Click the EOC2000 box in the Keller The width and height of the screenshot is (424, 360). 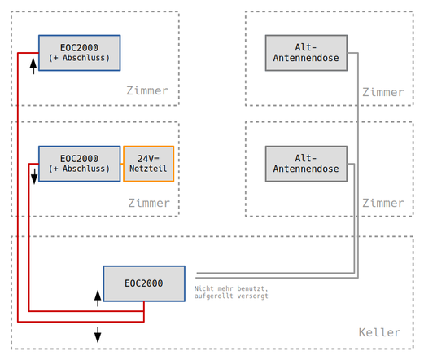(144, 283)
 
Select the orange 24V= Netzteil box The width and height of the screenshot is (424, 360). (148, 164)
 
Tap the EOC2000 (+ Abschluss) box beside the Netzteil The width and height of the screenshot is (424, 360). (80, 164)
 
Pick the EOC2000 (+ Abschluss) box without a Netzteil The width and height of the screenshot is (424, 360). (80, 53)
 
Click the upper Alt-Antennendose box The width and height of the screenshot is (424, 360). (306, 53)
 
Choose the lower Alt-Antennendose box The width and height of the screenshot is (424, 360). (306, 164)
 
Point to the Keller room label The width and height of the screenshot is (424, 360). (379, 332)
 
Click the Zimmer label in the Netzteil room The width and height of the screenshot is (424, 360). (149, 203)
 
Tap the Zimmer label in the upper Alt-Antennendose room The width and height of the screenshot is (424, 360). (383, 92)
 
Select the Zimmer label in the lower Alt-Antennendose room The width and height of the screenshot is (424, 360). (383, 203)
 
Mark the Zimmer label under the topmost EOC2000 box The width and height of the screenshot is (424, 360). (147, 90)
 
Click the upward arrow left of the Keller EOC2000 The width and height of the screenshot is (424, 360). (98, 298)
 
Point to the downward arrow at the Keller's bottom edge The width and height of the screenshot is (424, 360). (98, 335)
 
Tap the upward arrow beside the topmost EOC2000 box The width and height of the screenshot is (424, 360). (33, 66)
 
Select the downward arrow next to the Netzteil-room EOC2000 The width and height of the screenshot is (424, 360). (34, 177)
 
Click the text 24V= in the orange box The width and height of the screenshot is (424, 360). (148, 159)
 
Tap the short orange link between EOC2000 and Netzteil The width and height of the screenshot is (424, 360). (122, 164)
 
